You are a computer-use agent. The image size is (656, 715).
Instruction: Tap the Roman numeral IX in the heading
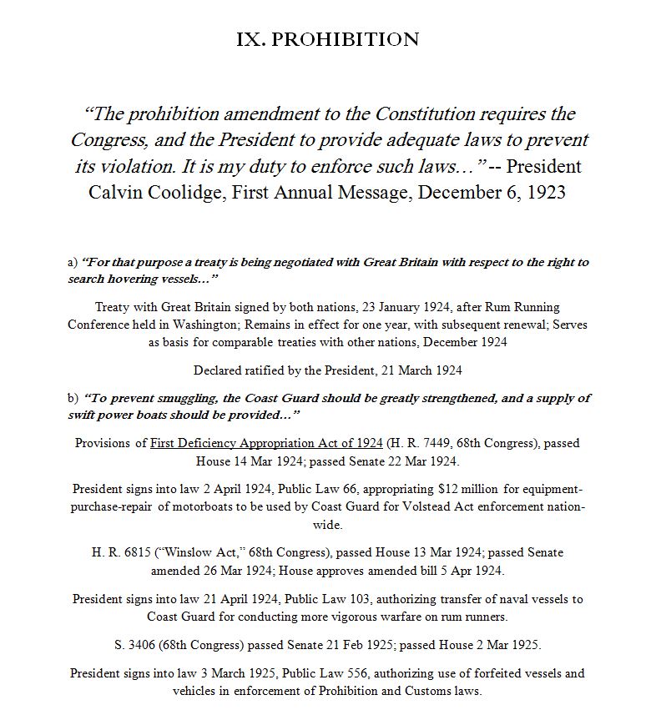(x=252, y=39)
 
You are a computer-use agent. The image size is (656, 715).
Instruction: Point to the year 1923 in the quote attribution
(x=544, y=192)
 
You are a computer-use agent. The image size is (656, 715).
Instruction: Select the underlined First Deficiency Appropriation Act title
(x=266, y=443)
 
